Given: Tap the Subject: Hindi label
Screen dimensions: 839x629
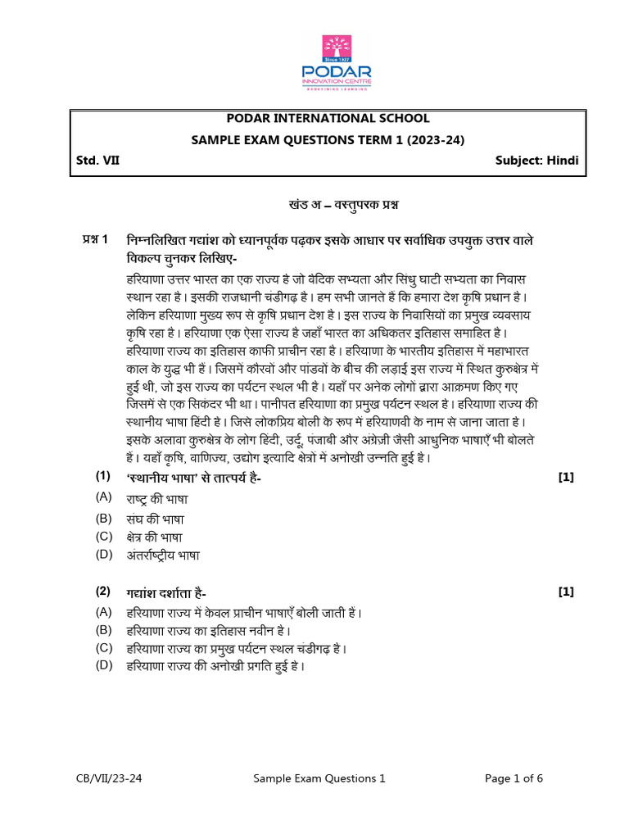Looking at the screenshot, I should [536, 161].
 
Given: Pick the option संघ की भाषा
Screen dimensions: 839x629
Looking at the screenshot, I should [155, 519].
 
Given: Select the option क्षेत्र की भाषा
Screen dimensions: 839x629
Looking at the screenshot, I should [155, 537].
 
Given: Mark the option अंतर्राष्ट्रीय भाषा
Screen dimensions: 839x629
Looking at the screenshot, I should [163, 556].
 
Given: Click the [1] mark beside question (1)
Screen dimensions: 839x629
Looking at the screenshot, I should [565, 478].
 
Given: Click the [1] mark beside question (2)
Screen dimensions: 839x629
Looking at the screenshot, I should [565, 592].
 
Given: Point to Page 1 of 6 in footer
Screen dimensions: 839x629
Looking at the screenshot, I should [514, 778].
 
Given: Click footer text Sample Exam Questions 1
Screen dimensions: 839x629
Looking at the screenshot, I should [319, 778].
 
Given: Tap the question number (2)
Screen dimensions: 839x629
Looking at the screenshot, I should [102, 591].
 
